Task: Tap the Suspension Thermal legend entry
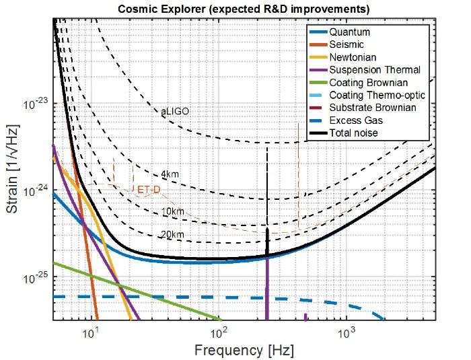[x=375, y=70]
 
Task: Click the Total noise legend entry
[x=354, y=133]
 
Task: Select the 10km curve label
[x=173, y=212]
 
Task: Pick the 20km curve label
[x=173, y=234]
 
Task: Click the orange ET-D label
[x=149, y=190]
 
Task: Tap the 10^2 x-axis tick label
[x=218, y=333]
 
